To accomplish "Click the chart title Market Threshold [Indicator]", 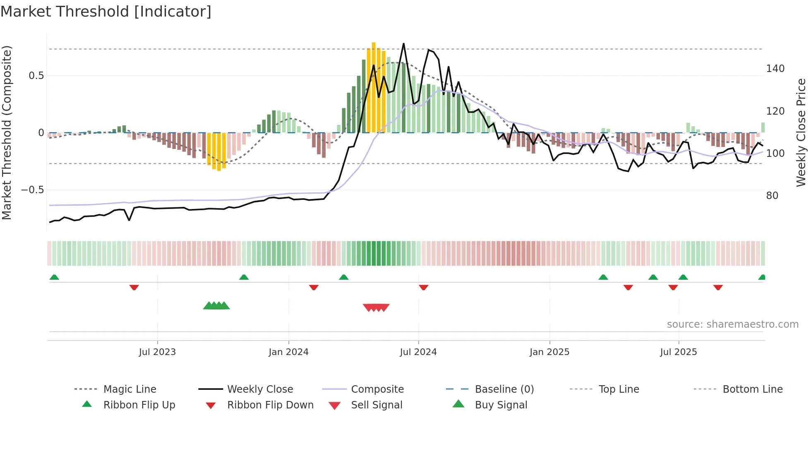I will [106, 12].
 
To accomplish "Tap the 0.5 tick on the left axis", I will [36, 76].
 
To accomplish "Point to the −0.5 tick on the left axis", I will [32, 190].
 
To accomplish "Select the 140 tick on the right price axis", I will [775, 69].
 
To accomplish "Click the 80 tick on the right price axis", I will [772, 196].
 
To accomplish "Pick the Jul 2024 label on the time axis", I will [418, 352].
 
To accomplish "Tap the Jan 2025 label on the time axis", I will [549, 352].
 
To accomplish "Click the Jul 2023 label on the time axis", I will [157, 352].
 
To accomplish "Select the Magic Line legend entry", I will [130, 389].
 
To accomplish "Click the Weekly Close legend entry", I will [260, 389].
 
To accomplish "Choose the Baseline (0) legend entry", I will [504, 389].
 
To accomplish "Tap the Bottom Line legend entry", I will [752, 389].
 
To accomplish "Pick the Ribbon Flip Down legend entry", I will [270, 405].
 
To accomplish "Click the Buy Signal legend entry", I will [501, 405].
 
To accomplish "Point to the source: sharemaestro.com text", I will [732, 324].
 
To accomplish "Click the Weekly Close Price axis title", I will [801, 132].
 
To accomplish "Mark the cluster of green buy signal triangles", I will [216, 306].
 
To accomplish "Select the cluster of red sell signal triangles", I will [376, 307].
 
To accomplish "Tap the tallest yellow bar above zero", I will [374, 87].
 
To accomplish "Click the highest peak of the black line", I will [403, 44].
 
